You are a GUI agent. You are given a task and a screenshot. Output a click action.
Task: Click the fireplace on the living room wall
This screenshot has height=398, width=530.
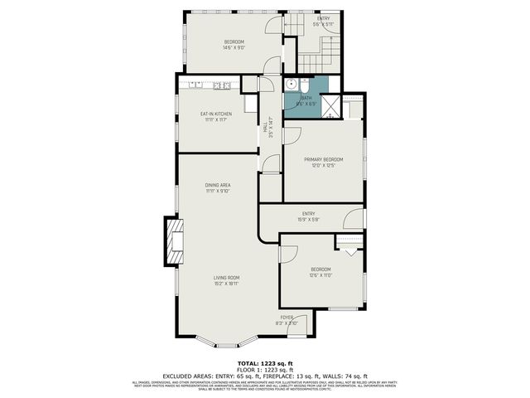[x=172, y=241]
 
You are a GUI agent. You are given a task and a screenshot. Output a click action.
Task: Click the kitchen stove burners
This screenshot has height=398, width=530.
[x=222, y=85]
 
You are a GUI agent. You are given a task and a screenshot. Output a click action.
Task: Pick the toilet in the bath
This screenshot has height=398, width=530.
[x=304, y=86]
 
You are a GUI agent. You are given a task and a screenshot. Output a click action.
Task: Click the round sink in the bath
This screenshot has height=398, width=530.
[x=290, y=85]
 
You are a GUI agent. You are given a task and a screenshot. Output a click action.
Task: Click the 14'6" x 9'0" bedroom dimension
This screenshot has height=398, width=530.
[x=234, y=48]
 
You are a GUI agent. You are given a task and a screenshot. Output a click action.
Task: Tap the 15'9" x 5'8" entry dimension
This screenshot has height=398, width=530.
[x=309, y=219]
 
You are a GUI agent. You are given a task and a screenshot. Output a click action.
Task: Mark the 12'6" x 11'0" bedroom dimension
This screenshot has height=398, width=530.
[x=320, y=275]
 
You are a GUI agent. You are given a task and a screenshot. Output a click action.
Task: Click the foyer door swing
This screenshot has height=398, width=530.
[x=302, y=324]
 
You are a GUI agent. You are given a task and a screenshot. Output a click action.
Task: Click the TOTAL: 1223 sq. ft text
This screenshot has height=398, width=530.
[x=265, y=363]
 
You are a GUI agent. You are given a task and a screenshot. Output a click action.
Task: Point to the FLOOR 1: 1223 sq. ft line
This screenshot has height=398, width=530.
[x=265, y=370]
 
